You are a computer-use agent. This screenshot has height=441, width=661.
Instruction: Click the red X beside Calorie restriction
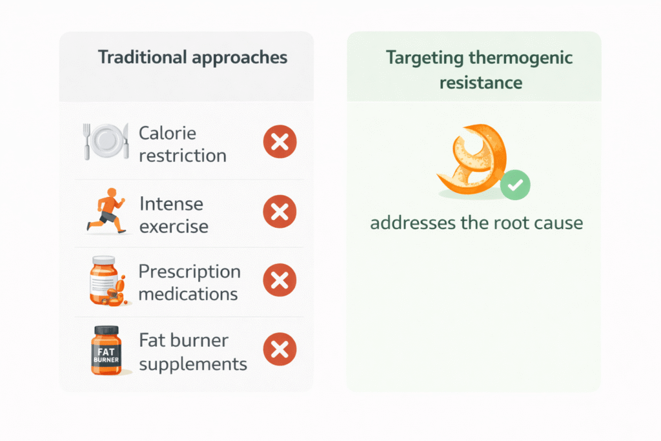(280, 141)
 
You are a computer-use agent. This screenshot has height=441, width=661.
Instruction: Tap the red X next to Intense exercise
(280, 212)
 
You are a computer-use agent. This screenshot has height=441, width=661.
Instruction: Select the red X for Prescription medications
(280, 280)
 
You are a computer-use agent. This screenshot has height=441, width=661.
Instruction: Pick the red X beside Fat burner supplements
(280, 349)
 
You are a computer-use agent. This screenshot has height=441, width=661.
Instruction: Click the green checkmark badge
(515, 185)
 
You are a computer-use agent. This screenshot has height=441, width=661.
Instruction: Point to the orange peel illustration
(472, 159)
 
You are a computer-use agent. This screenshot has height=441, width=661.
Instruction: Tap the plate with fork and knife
(106, 141)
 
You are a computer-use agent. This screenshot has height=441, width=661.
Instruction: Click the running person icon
(107, 210)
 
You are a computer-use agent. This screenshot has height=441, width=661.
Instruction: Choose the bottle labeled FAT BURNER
(107, 351)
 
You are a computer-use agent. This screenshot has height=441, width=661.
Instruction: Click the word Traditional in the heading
(143, 57)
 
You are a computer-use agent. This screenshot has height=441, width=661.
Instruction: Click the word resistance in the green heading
(480, 83)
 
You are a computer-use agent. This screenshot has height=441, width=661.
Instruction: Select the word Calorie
(167, 133)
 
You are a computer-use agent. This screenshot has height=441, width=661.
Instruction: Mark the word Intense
(171, 204)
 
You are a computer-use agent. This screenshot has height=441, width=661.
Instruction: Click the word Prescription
(190, 272)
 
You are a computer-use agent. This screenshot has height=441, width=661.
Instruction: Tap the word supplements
(193, 364)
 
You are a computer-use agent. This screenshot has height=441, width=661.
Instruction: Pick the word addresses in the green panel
(412, 223)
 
